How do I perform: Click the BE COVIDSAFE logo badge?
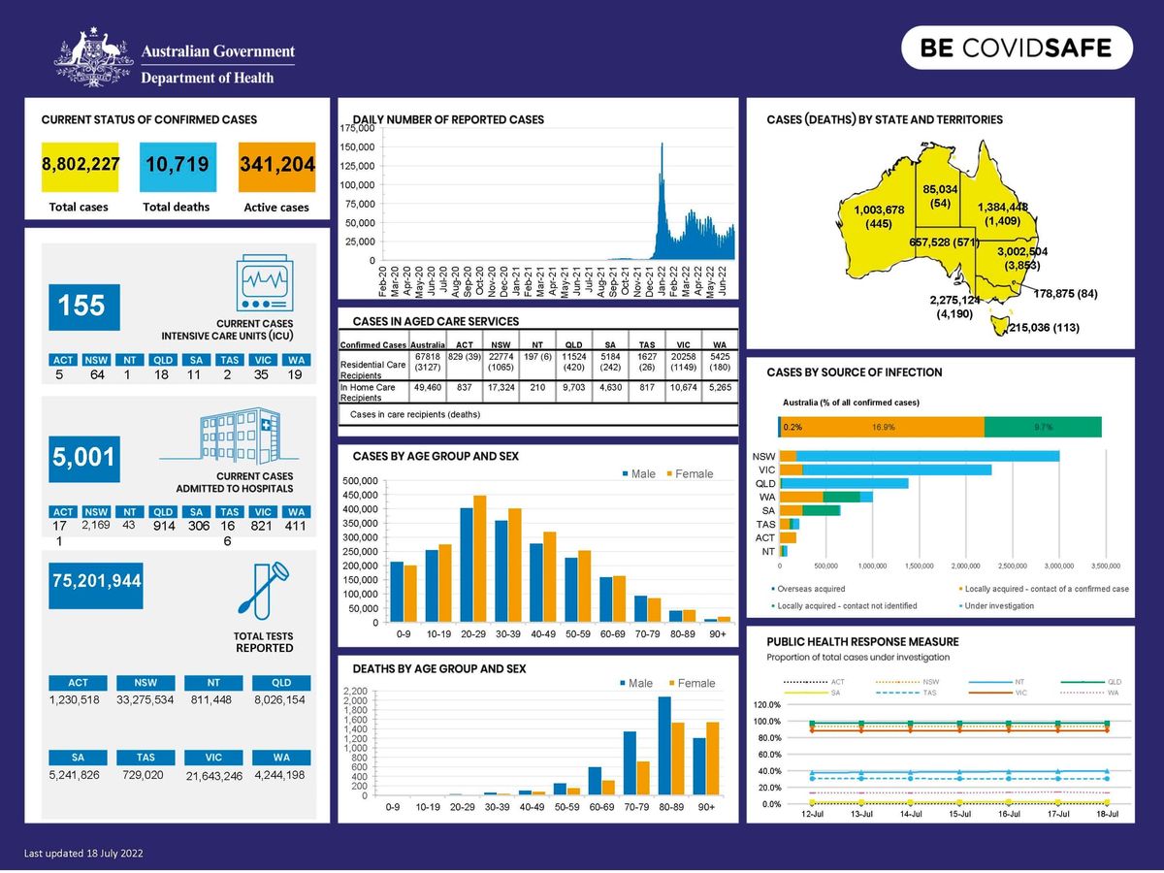pos(1017,48)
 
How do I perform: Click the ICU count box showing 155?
pos(82,307)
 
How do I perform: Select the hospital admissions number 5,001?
pos(84,457)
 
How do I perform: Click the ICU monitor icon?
pos(265,284)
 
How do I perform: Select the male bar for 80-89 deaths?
pos(664,745)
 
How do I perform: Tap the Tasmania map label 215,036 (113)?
pos(1044,328)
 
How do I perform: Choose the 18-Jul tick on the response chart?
pos(1107,814)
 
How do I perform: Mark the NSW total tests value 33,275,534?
pos(145,699)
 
